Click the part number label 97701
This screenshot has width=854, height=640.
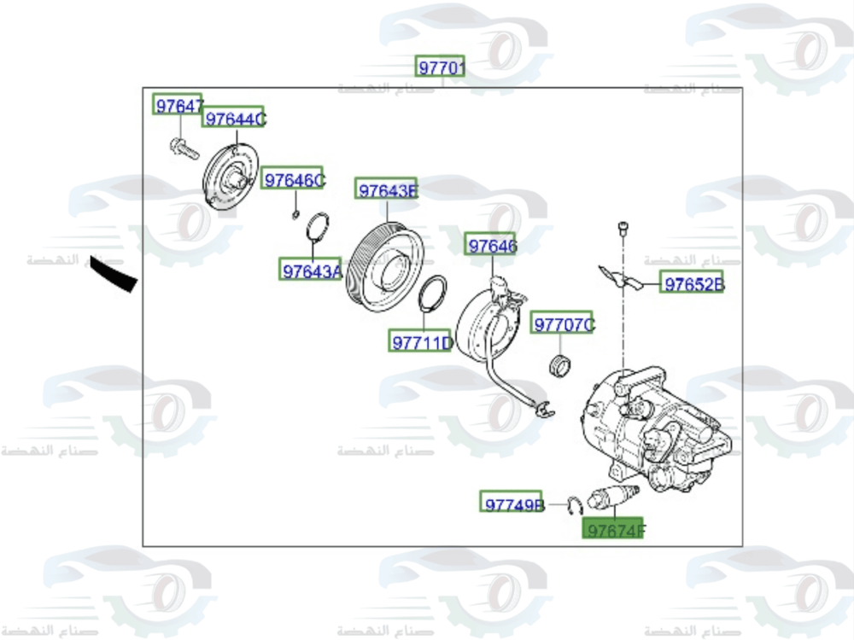point(440,67)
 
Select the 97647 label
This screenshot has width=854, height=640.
point(178,105)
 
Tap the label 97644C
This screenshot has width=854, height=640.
point(234,119)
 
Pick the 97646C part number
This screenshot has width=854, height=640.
point(294,179)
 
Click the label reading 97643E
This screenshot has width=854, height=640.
point(387,190)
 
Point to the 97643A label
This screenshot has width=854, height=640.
point(312,271)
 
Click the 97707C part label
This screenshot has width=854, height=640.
point(563,324)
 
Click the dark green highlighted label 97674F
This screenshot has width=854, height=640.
point(613,530)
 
